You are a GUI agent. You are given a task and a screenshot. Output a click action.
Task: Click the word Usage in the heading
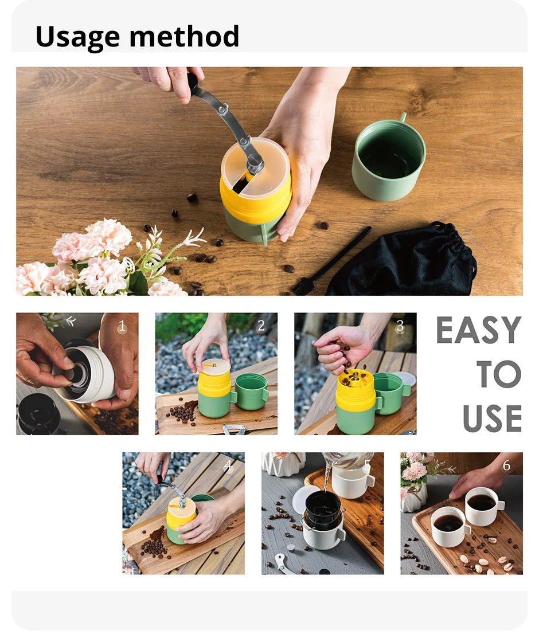pos(77,37)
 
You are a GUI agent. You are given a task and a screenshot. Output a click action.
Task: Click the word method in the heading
pos(184,36)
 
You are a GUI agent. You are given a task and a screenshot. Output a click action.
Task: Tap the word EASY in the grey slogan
pos(478,330)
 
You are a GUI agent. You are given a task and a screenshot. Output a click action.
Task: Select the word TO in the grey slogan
pos(499,374)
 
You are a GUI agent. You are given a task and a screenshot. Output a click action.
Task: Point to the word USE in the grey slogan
pos(493,418)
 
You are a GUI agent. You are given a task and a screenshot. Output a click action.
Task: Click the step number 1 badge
pos(122,326)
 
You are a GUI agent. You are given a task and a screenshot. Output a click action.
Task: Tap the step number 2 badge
pos(261,326)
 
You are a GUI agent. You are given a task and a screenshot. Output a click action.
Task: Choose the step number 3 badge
pos(400,326)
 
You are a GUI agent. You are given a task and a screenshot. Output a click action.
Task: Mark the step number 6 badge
pos(507,465)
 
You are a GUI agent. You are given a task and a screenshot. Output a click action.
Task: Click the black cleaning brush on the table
pos(332,261)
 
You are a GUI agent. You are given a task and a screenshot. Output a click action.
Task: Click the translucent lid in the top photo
pos(256,166)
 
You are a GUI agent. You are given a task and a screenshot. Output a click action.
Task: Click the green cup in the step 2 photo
pos(251,392)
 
